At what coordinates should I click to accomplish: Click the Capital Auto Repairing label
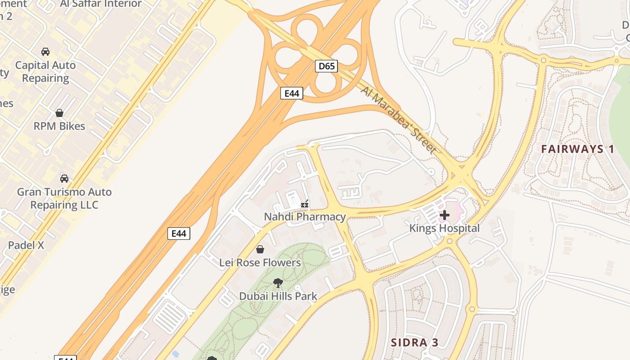[x=45, y=72]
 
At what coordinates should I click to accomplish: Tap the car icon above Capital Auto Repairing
[x=45, y=52]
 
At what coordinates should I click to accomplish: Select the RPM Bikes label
[x=59, y=126]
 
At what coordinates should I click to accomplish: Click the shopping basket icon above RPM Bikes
[x=59, y=112]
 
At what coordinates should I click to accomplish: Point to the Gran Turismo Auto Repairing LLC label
[x=64, y=198]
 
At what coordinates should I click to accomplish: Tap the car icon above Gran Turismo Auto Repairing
[x=64, y=179]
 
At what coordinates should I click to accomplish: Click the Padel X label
[x=26, y=245]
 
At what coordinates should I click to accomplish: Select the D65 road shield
[x=326, y=67]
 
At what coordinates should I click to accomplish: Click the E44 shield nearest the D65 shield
[x=292, y=93]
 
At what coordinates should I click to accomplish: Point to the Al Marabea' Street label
[x=398, y=119]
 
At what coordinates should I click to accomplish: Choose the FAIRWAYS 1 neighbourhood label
[x=578, y=149]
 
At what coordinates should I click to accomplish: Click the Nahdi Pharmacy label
[x=305, y=217]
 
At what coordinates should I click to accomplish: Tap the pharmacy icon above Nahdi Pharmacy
[x=305, y=205]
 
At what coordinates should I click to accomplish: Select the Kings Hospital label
[x=444, y=228]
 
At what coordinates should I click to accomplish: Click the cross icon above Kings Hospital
[x=445, y=215]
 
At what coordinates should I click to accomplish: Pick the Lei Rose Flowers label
[x=260, y=262]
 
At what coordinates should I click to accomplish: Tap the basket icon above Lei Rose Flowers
[x=260, y=249]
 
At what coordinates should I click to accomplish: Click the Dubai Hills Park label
[x=278, y=296]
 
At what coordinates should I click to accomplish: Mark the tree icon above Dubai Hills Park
[x=278, y=283]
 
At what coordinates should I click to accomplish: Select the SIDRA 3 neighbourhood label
[x=414, y=342]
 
